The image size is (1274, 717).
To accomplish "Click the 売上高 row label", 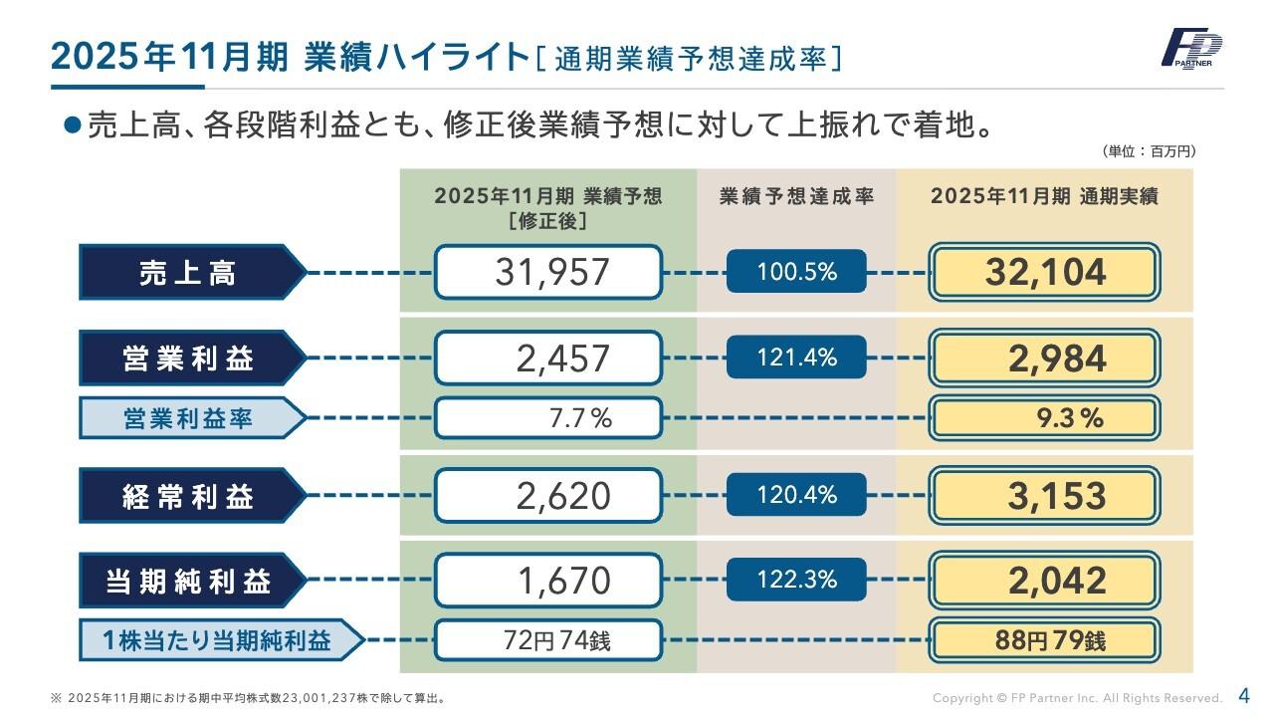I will point(189,272).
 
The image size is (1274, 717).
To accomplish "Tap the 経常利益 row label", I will point(189,496).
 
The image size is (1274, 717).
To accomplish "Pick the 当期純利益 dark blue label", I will point(189,581).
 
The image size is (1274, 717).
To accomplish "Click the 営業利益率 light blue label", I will point(189,418).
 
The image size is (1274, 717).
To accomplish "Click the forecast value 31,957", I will point(548,272).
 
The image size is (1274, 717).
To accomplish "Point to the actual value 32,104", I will point(1044,272).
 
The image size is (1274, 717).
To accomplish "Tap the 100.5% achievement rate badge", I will point(796,271).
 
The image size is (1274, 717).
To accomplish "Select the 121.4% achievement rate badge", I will point(796,358).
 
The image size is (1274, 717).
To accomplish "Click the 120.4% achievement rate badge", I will point(796,495).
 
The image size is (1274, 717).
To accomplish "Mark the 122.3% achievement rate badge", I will point(796,580).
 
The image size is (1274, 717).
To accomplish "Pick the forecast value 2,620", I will point(548,496).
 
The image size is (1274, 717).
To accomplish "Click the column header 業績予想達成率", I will point(796,197).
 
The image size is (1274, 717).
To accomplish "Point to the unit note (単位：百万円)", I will point(1149,151).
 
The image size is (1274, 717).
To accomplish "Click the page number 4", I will point(1243,695).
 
